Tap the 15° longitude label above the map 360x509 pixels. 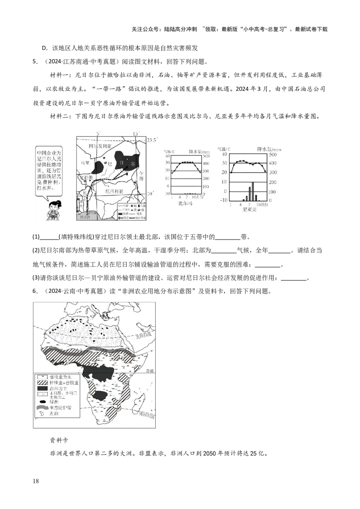click(136, 133)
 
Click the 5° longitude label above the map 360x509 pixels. click(99, 133)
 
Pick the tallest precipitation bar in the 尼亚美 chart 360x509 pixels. click(252, 191)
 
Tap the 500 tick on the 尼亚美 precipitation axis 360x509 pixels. click(273, 154)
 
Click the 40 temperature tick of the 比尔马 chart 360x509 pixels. click(167, 155)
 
